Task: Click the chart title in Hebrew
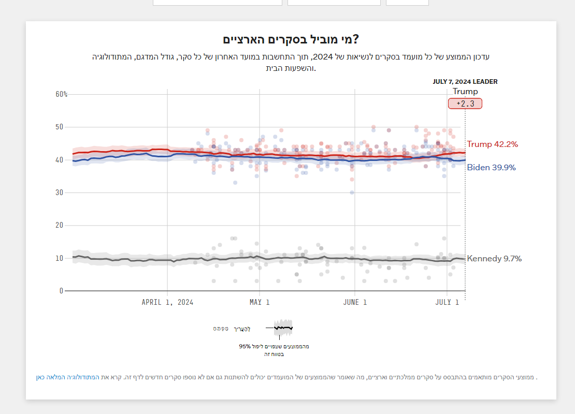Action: pos(291,40)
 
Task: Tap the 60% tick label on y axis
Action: pos(62,94)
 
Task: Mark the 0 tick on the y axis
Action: pos(61,291)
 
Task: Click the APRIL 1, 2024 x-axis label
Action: pos(167,302)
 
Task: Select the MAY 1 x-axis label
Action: pos(260,302)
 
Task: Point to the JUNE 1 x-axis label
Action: pos(355,302)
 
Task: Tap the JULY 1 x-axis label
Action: pos(447,302)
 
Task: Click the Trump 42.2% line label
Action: pos(492,144)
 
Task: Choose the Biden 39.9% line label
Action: pos(491,167)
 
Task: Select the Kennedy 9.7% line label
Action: pos(494,258)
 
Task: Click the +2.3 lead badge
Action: pos(465,103)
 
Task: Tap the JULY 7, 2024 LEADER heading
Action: pos(465,82)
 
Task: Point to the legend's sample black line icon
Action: pos(283,328)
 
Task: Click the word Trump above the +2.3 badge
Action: pos(465,92)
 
